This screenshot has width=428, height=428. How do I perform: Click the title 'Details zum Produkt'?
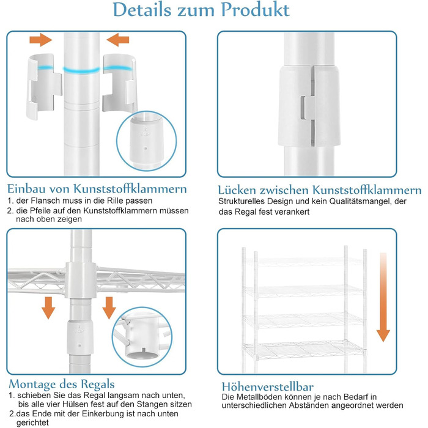tap(201, 10)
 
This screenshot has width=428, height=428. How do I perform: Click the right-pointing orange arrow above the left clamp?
tap(41, 40)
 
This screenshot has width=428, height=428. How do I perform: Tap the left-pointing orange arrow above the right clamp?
tap(118, 40)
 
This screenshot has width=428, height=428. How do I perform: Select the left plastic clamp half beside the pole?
tap(43, 86)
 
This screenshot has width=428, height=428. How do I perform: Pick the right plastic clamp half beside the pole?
tap(119, 83)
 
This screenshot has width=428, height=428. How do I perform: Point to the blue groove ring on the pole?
tap(81, 70)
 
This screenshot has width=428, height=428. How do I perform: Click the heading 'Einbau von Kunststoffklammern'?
tap(97, 188)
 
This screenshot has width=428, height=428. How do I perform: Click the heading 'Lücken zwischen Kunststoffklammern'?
tap(319, 190)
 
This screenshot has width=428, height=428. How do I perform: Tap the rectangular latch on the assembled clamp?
tap(305, 108)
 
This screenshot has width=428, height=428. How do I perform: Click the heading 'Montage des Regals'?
tap(62, 384)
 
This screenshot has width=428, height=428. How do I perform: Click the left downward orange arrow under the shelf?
tap(48, 308)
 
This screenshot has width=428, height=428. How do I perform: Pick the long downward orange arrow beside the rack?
tap(383, 297)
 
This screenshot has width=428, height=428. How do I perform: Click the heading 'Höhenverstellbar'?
tap(268, 387)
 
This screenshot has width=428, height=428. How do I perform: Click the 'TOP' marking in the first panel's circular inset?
tap(145, 135)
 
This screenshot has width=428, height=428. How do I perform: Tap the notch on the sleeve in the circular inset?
tap(143, 350)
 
